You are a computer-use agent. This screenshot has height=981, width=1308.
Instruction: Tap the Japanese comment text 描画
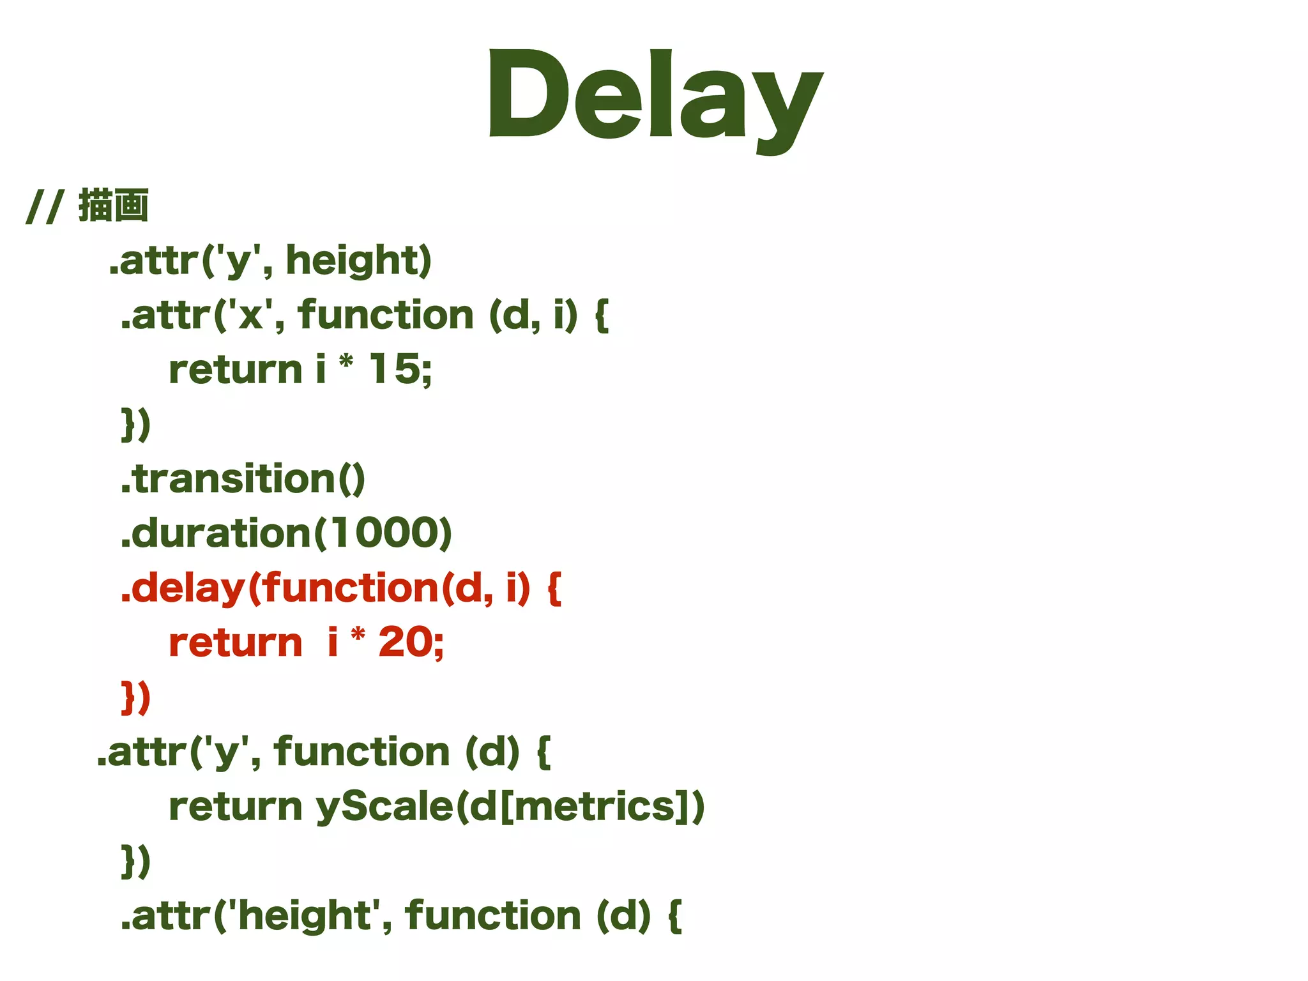click(114, 206)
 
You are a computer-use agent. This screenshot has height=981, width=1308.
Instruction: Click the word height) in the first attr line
click(358, 261)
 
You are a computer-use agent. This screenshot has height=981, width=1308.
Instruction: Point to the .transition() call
click(243, 479)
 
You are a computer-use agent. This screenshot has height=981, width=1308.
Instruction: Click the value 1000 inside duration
click(386, 533)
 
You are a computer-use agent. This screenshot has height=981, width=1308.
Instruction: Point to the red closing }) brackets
click(136, 697)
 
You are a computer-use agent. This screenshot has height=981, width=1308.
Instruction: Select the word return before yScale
click(235, 807)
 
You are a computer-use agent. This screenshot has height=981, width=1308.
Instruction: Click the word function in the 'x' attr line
click(385, 316)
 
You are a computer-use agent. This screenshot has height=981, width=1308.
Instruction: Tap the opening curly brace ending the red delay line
click(554, 588)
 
